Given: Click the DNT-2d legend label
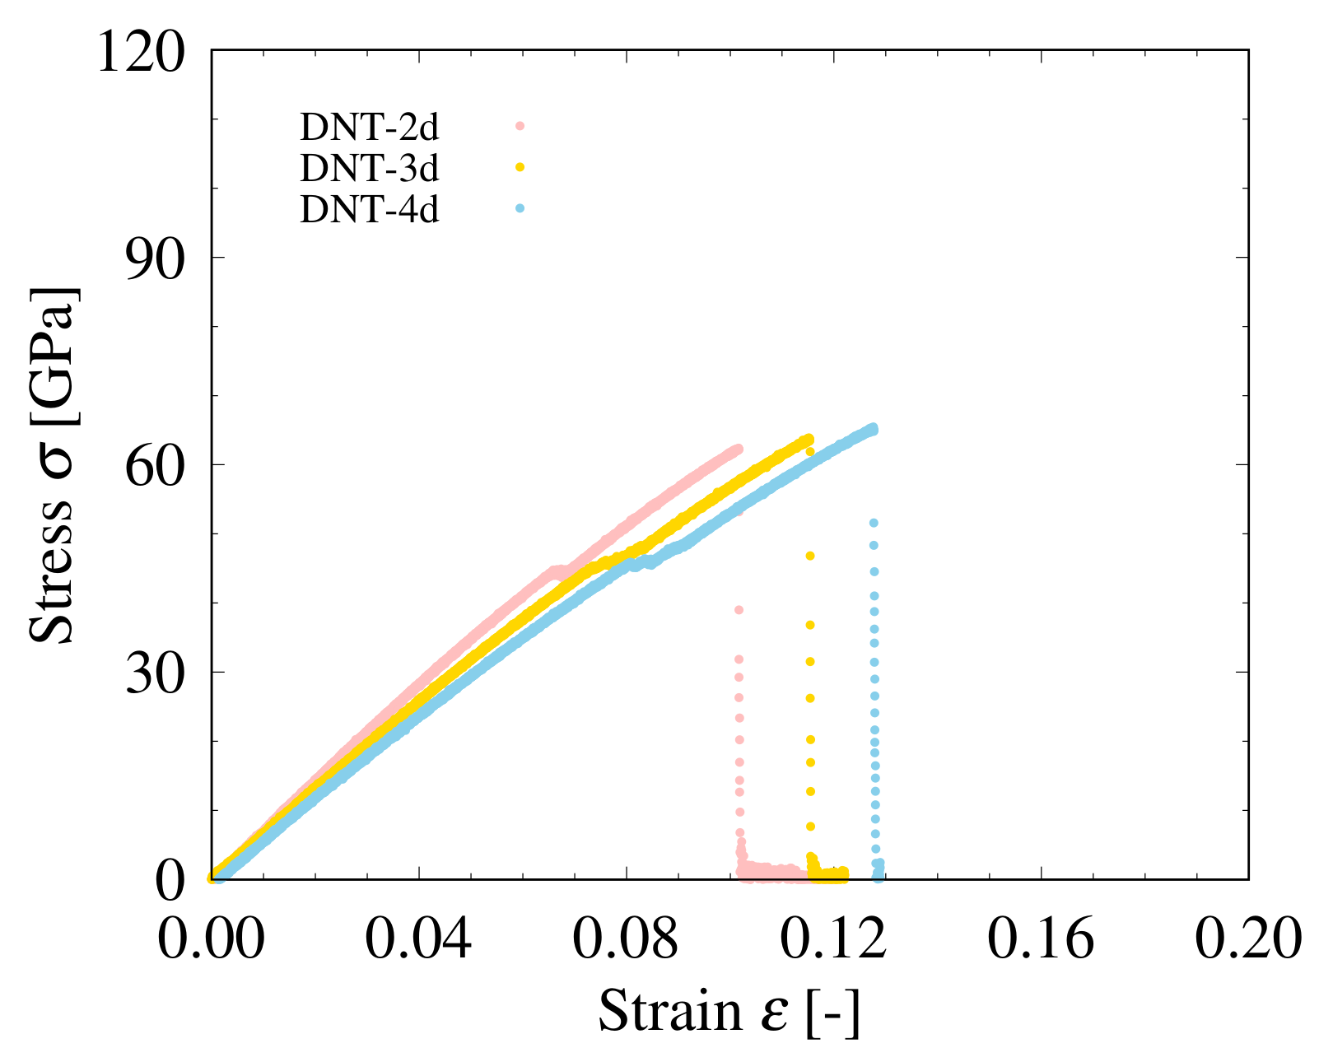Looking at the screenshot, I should (369, 128).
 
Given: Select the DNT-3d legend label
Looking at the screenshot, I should (369, 169).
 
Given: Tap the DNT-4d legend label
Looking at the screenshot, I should (369, 211).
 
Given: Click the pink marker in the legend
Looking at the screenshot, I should (520, 126).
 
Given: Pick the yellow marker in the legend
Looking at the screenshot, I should (520, 167).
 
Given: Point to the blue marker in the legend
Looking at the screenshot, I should (520, 209).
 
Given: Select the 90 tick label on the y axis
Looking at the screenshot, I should (153, 259).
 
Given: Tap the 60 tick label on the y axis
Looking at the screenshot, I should (153, 466).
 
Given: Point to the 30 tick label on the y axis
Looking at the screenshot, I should (153, 673).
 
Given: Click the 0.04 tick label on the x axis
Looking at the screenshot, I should (418, 938).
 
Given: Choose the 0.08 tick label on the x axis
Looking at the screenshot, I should (626, 938).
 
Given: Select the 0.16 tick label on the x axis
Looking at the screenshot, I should (1041, 938).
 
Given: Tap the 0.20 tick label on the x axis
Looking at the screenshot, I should (1247, 938).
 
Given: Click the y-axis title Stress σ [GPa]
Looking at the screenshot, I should (53, 465).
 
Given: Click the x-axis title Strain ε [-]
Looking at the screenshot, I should (729, 1011).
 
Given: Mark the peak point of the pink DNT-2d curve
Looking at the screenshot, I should (738, 449).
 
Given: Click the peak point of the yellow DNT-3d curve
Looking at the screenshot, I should (809, 439).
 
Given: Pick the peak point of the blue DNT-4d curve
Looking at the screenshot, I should (873, 428).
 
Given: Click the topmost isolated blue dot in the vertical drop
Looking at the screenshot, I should (874, 523).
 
